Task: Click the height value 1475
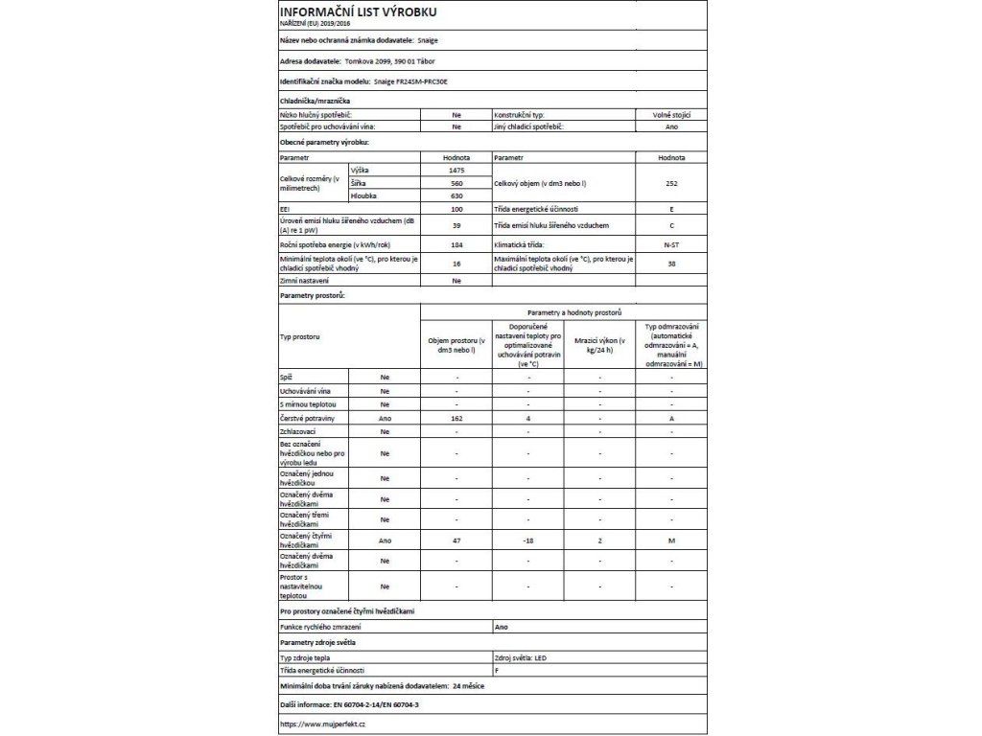[x=456, y=170]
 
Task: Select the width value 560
[x=456, y=182]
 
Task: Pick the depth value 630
[x=456, y=195]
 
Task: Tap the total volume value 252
[x=671, y=182]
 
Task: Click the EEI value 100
[x=456, y=209]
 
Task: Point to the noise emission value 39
[x=456, y=225]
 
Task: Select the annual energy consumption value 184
[x=456, y=245]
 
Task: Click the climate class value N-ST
[x=671, y=245]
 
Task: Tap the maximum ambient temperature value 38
[x=671, y=264]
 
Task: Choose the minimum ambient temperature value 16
[x=456, y=264]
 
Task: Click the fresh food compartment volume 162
[x=456, y=419]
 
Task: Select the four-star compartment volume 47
[x=456, y=540]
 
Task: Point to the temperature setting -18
[x=527, y=540]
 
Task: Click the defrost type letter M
[x=671, y=540]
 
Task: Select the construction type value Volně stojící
[x=671, y=114]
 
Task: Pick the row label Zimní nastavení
[x=304, y=281]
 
